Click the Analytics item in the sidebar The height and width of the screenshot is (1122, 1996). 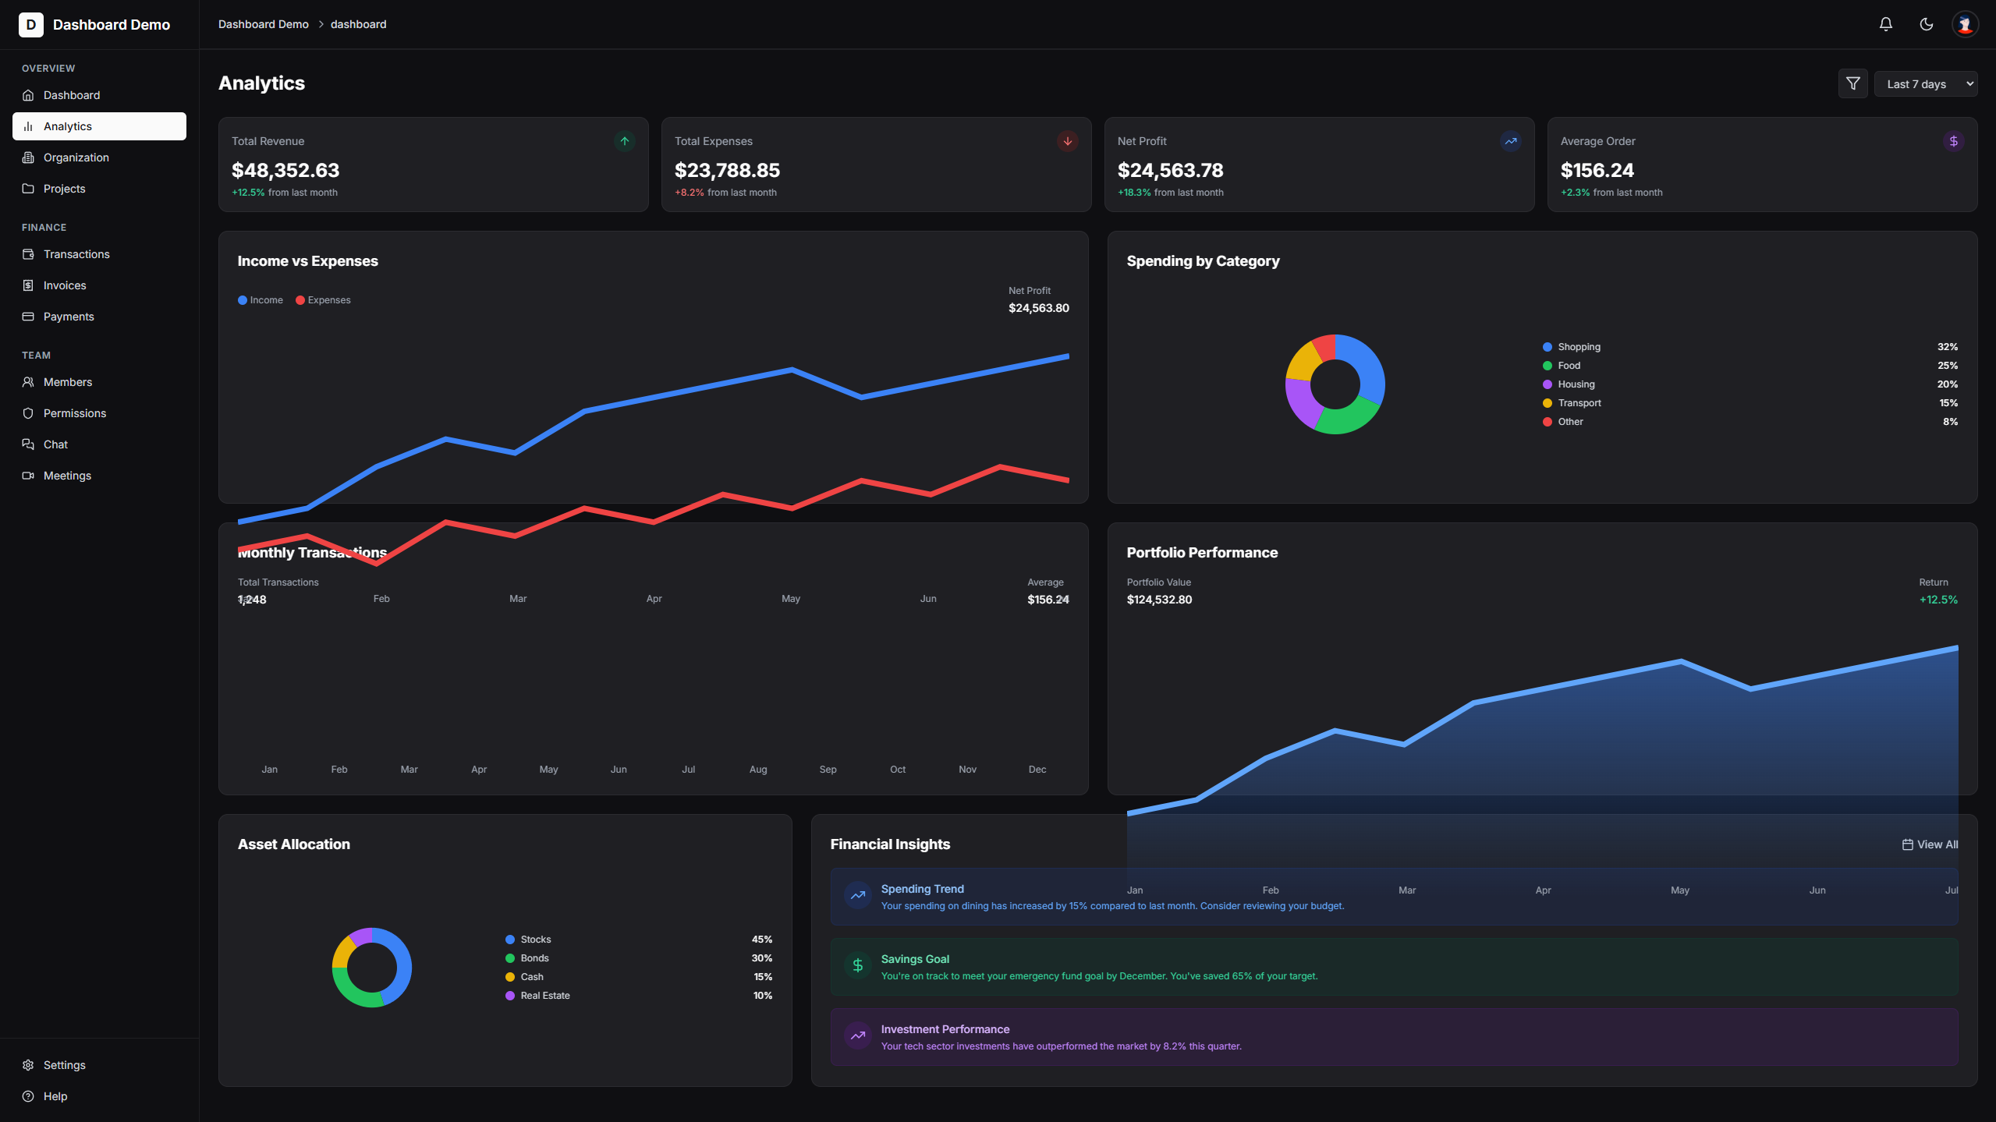[99, 126]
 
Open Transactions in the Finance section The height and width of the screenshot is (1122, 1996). [76, 254]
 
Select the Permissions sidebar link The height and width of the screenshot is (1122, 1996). [74, 413]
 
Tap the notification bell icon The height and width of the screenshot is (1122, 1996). [1885, 24]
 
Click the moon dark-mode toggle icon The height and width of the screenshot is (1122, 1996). [1926, 24]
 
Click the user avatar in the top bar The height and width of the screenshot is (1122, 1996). [1965, 24]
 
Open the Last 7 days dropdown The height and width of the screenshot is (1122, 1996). [1925, 84]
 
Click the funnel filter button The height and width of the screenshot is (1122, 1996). [1852, 83]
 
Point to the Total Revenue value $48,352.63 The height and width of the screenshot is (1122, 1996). [285, 170]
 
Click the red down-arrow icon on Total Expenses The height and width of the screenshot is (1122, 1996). [1067, 141]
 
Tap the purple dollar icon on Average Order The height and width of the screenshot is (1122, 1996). [1953, 141]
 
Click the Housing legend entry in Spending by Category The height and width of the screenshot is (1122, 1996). [1576, 384]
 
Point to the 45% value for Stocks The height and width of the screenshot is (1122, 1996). [761, 940]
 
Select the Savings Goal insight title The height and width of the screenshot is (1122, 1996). [915, 959]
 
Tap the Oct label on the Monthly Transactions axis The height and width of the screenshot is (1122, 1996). [898, 770]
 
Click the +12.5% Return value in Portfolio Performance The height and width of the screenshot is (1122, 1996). [1938, 600]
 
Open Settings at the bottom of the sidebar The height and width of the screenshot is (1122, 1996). [64, 1065]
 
